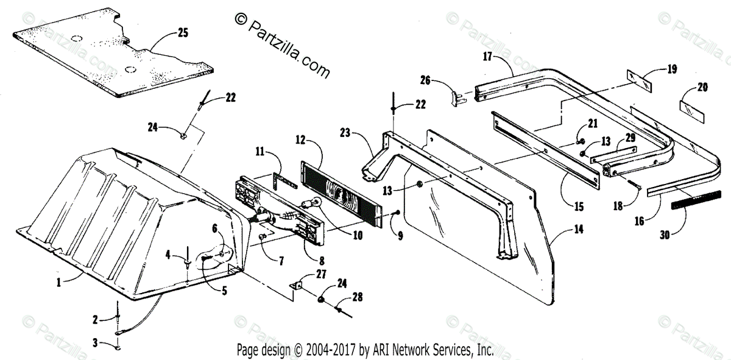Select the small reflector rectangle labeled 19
click(640, 79)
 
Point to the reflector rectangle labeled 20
click(690, 110)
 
